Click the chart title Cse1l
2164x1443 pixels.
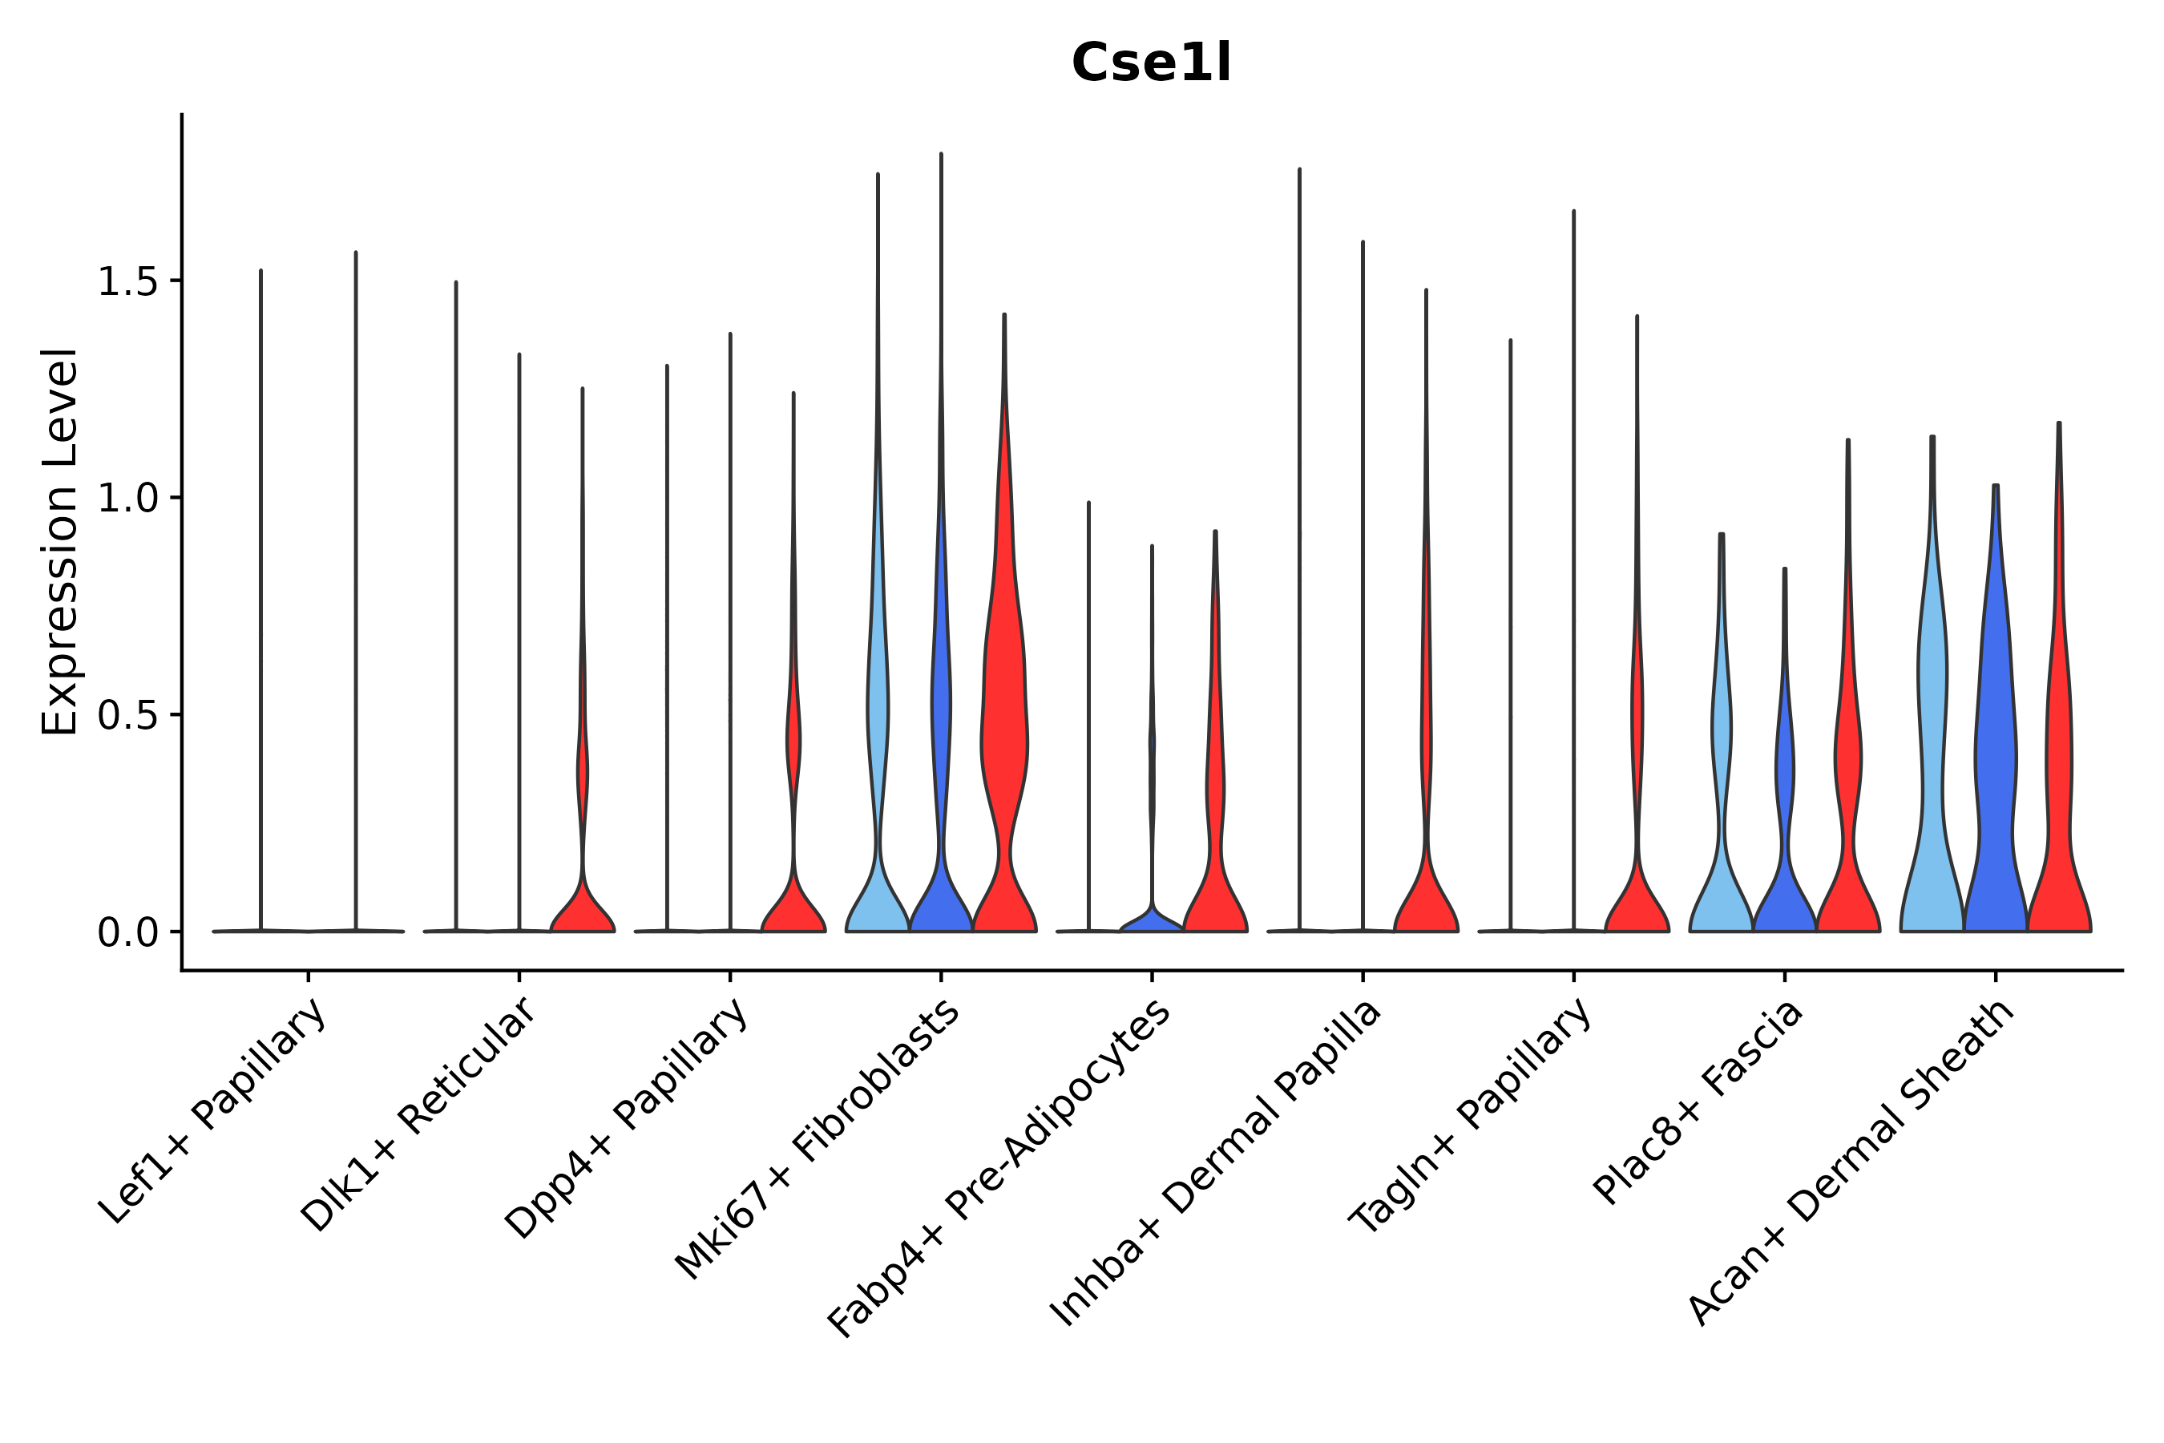[x=1150, y=64]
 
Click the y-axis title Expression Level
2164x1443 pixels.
[x=61, y=541]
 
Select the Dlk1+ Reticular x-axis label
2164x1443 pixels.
[x=418, y=1114]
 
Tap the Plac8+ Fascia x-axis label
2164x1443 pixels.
[x=1698, y=1101]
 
